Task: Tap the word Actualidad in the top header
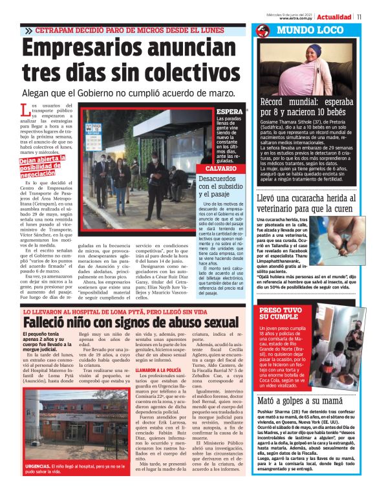pyautogui.click(x=334, y=16)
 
